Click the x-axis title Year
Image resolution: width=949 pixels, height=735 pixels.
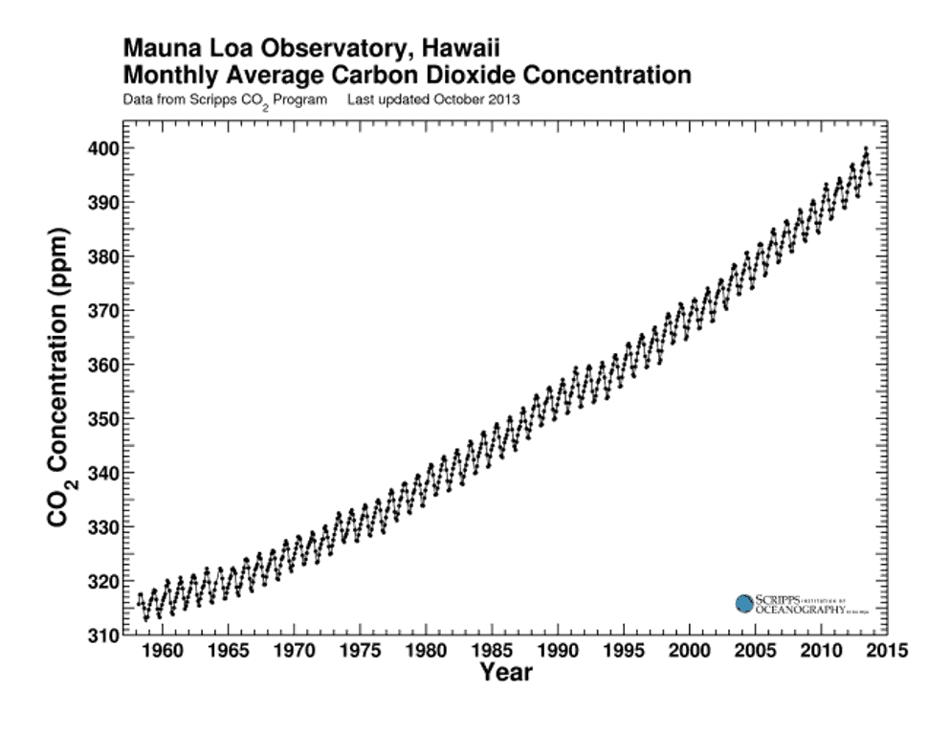[506, 673]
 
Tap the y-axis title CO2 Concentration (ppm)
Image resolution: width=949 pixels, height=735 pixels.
[59, 378]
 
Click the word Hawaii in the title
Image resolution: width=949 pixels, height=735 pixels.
[453, 48]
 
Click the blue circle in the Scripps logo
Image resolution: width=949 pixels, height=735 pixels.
[744, 603]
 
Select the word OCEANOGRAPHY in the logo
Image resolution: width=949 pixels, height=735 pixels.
[799, 609]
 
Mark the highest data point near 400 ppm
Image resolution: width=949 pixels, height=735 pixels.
[865, 148]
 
